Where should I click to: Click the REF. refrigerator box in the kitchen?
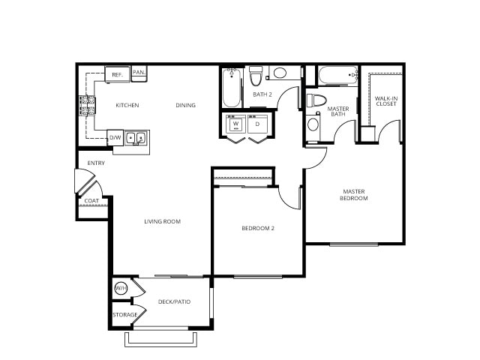tap(117, 75)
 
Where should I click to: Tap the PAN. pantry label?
tap(139, 73)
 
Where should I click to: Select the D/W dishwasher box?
tap(115, 138)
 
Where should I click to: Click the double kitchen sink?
tap(136, 138)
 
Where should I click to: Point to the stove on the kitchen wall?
tap(85, 105)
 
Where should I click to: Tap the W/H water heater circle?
tap(121, 289)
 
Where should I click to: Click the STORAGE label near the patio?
tap(125, 314)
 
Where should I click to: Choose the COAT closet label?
tap(91, 201)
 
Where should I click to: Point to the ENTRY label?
tap(96, 163)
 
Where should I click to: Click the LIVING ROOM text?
tap(162, 221)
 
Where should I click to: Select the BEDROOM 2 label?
tap(257, 228)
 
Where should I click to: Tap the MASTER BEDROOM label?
tap(354, 194)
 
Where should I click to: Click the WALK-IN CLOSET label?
tap(385, 100)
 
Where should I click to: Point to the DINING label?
tap(185, 105)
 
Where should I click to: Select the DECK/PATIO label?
tap(174, 301)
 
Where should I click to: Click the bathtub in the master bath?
tap(337, 76)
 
